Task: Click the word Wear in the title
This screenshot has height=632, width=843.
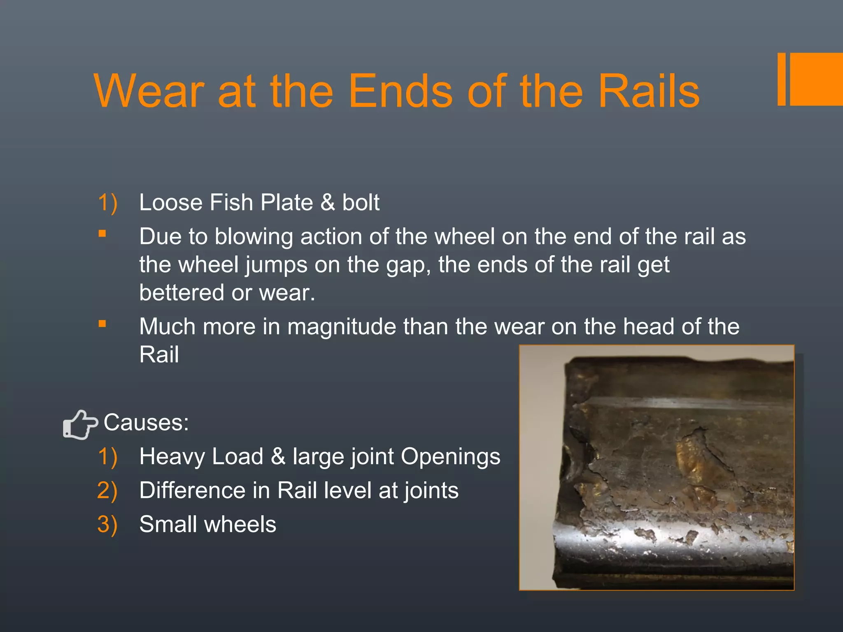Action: [149, 91]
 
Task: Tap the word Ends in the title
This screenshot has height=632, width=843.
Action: [401, 91]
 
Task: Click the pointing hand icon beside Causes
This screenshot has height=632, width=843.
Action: [80, 424]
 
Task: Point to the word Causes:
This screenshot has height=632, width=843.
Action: [146, 423]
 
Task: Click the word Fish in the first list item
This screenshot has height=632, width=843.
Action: [231, 202]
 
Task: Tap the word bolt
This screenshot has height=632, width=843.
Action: [361, 202]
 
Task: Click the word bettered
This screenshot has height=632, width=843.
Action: [182, 293]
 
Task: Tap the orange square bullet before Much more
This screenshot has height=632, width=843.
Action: [102, 324]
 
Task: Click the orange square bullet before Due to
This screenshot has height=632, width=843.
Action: [102, 234]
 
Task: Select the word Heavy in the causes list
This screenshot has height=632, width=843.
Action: [172, 456]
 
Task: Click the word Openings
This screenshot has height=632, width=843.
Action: [450, 456]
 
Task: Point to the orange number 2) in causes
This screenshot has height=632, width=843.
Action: [107, 490]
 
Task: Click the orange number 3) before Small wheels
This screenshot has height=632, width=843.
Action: [107, 525]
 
